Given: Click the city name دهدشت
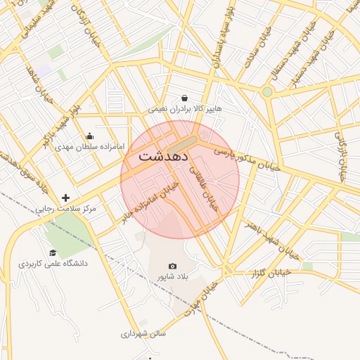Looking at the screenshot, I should (x=162, y=155).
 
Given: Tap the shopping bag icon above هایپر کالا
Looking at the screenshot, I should (x=184, y=98).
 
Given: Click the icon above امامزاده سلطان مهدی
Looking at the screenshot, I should (x=89, y=136).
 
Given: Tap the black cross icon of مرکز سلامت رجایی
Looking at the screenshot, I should (x=66, y=198).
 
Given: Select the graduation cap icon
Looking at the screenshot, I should (x=53, y=252).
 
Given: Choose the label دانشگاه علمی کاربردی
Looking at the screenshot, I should (x=53, y=263).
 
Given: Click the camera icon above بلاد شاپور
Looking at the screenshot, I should (x=172, y=266).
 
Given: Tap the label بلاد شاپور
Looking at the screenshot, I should (x=172, y=277).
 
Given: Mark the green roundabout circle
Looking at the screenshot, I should (x=267, y=92).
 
